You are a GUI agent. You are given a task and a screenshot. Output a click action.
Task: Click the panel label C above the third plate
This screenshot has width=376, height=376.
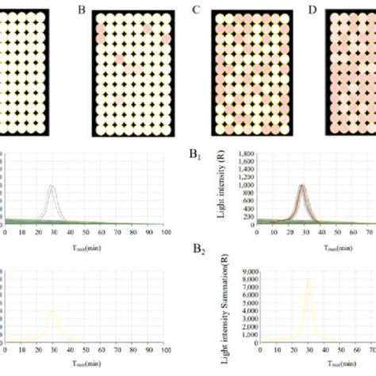point(196,10)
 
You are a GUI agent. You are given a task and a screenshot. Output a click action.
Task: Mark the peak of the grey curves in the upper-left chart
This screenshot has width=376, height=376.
point(52,186)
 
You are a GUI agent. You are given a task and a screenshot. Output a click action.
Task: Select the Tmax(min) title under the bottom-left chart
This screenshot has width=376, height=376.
point(84,363)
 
